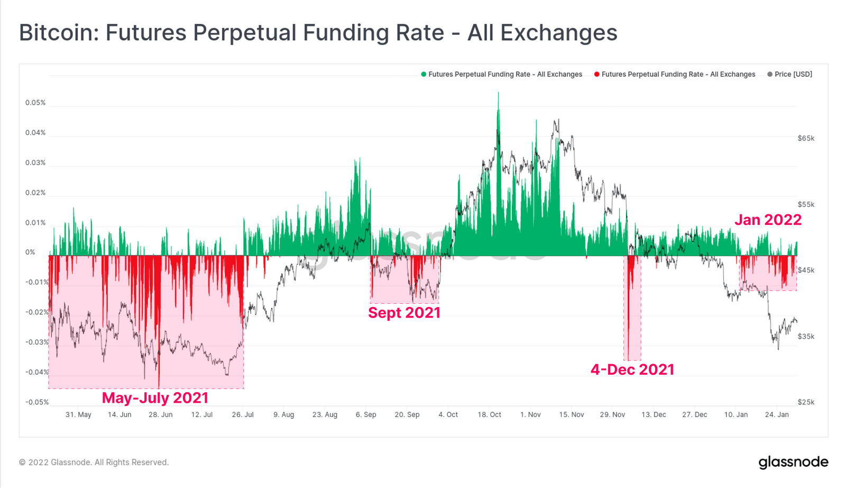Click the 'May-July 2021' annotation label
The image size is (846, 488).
coord(155,398)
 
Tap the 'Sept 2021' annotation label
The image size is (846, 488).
coord(404,313)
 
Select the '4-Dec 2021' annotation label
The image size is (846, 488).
coord(632,369)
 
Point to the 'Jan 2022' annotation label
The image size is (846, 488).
coord(768,220)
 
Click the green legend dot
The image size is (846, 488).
coord(424,74)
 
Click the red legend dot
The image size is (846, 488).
coord(596,74)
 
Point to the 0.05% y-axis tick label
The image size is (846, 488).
coord(35,103)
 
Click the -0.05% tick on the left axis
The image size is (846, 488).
coord(36,402)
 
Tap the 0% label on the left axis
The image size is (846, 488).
coord(30,252)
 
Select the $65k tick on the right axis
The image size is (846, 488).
coord(806,138)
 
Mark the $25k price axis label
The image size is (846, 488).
coord(806,402)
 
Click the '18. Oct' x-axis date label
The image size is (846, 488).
coord(489,414)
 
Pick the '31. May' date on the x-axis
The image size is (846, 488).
coord(78,414)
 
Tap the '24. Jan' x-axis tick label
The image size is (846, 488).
coord(777,414)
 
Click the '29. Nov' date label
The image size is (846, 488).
coord(612,414)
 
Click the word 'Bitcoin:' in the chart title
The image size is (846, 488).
coord(58,33)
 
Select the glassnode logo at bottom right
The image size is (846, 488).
coord(793,462)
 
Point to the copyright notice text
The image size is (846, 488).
coord(94,462)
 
